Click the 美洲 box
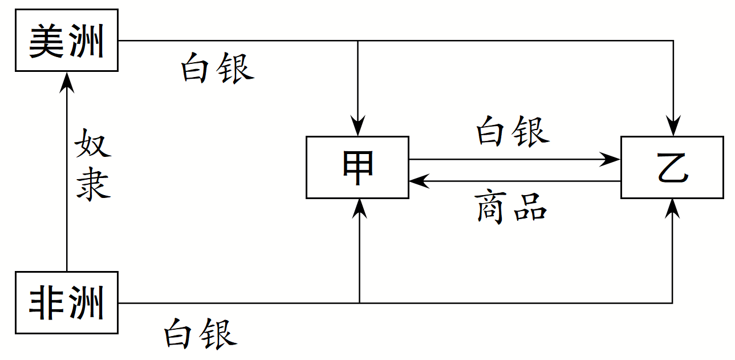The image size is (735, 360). (x=66, y=40)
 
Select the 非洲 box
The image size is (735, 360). (x=66, y=302)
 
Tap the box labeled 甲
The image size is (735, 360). (x=358, y=167)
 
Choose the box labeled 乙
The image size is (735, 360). (x=672, y=167)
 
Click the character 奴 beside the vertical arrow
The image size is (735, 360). (x=92, y=144)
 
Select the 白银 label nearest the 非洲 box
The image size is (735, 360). (x=200, y=334)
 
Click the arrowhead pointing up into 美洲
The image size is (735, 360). (x=67, y=80)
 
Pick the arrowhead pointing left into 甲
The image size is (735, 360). (x=418, y=181)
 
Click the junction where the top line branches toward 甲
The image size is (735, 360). (x=358, y=41)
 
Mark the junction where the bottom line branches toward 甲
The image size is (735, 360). (x=359, y=302)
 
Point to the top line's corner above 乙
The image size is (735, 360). (x=673, y=41)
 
